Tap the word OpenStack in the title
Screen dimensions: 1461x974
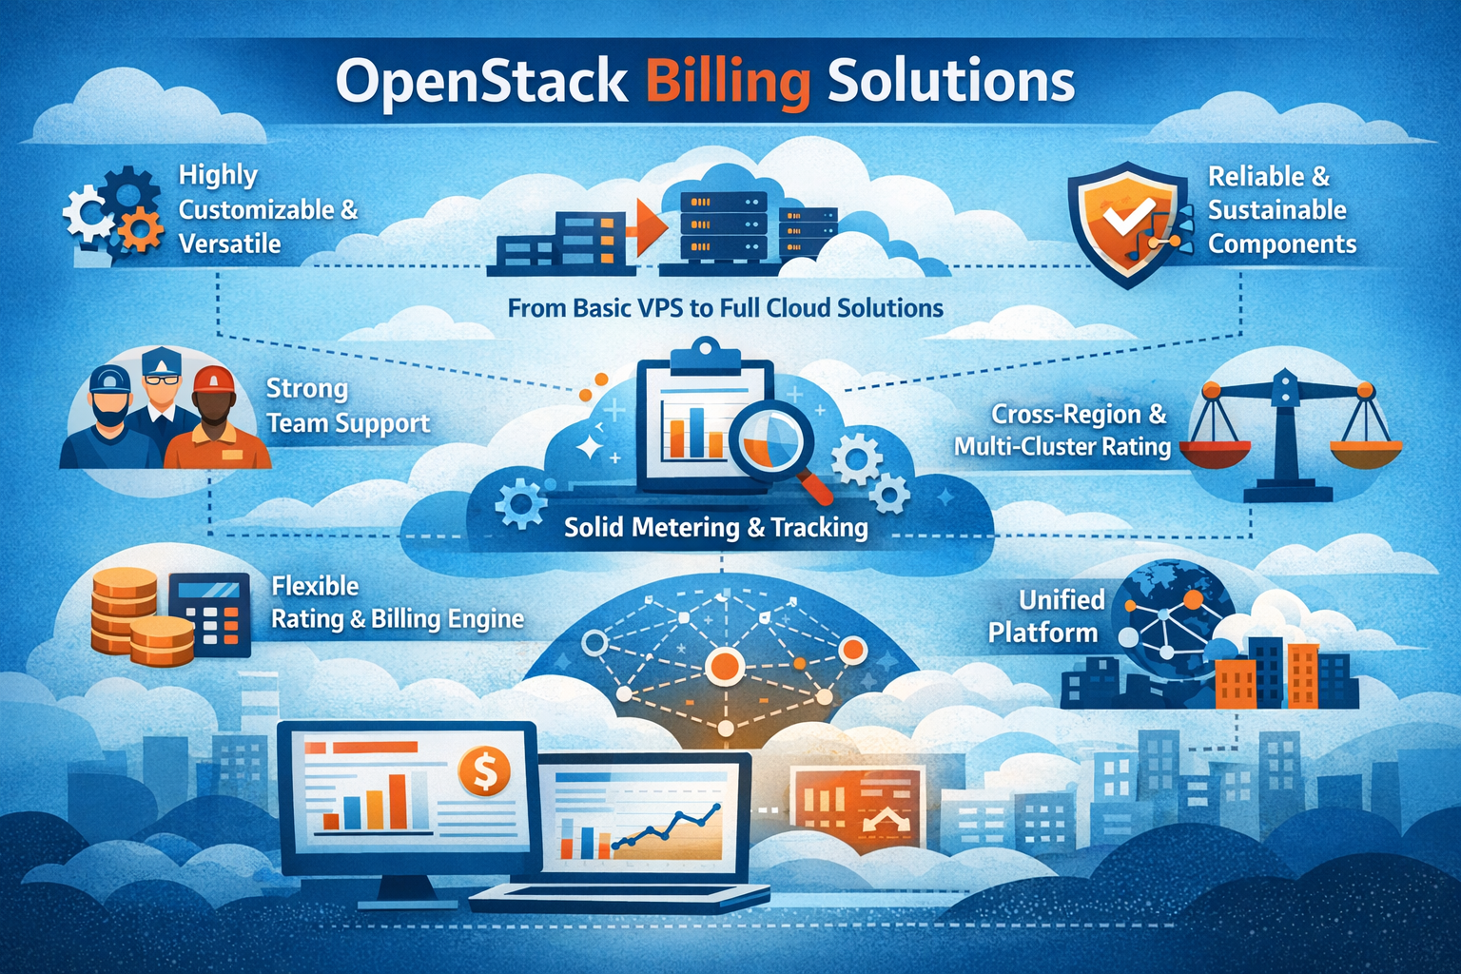tap(481, 84)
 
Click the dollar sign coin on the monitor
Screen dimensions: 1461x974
tap(484, 771)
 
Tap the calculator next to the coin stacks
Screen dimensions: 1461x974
tap(209, 614)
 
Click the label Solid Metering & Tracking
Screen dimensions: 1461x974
tap(715, 527)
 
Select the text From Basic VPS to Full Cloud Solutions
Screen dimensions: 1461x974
tap(726, 307)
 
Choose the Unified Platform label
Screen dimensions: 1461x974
tap(1046, 615)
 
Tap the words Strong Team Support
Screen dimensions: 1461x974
tap(348, 406)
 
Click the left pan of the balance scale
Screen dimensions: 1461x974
tap(1215, 454)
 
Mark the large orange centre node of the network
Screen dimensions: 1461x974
tap(724, 667)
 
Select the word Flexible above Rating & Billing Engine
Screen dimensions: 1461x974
tap(315, 586)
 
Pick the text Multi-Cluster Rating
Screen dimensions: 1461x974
tap(1062, 447)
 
